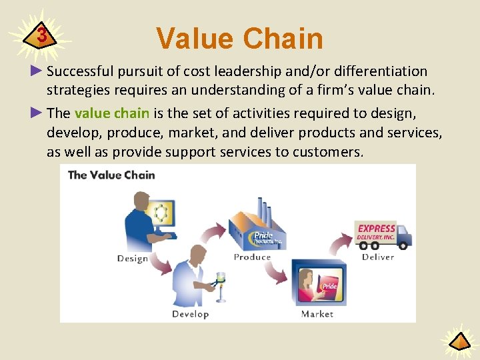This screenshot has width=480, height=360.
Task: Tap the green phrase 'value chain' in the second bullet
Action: (112, 113)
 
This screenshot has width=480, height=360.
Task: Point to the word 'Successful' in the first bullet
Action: (79, 71)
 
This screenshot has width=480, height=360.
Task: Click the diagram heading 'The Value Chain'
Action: (111, 175)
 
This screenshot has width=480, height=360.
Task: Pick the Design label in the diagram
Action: (132, 259)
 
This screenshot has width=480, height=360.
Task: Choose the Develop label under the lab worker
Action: (190, 314)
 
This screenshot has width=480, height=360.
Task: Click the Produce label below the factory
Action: (252, 257)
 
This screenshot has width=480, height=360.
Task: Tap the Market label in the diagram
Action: (317, 314)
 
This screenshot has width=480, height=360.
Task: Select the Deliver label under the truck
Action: (378, 257)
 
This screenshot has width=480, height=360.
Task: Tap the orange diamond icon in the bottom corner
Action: (459, 343)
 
